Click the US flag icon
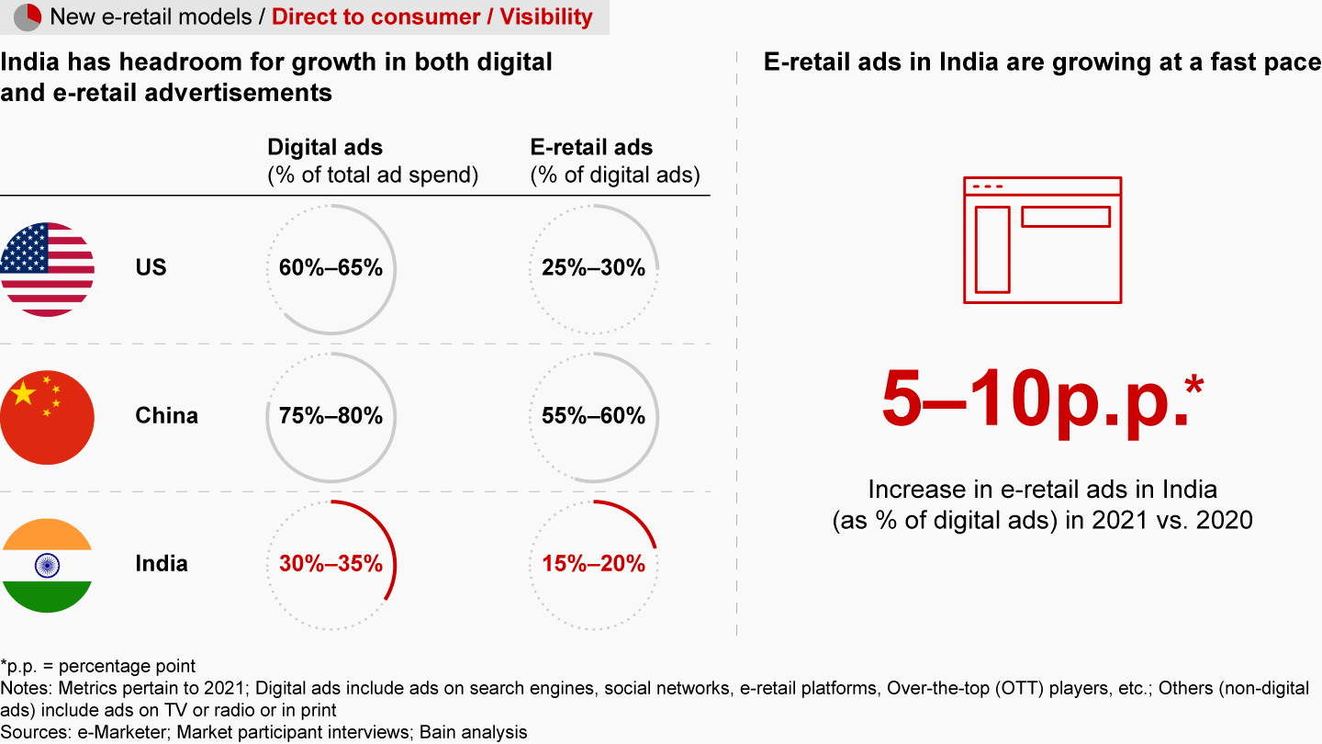(48, 268)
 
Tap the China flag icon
(48, 416)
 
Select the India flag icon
(48, 564)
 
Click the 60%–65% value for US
(330, 268)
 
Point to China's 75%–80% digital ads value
(330, 416)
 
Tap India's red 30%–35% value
(330, 564)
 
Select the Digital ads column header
(325, 147)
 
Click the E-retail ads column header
(592, 147)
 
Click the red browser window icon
(1042, 240)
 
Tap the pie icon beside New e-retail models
(28, 17)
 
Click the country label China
(166, 416)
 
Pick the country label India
(162, 564)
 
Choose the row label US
(151, 268)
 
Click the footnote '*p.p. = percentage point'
(98, 666)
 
